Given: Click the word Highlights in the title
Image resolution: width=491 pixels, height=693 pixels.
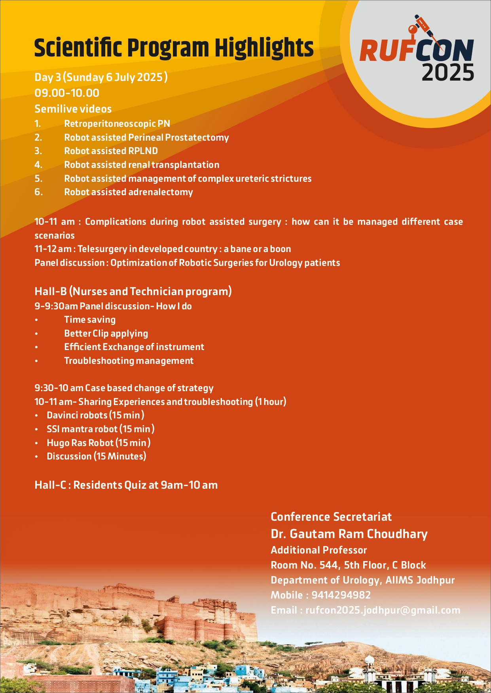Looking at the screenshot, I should [x=264, y=48].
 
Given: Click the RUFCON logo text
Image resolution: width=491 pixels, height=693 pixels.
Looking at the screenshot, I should [x=416, y=51].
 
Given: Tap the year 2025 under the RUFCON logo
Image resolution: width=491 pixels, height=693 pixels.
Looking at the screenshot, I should [x=447, y=73].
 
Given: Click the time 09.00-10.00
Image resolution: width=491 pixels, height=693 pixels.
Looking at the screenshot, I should [x=67, y=93].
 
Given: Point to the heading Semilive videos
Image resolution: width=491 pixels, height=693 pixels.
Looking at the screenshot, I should [x=73, y=109].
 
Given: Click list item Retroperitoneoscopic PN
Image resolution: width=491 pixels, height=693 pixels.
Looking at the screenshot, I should [x=117, y=124].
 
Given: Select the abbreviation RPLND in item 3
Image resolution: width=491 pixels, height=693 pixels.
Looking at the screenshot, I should [x=143, y=151].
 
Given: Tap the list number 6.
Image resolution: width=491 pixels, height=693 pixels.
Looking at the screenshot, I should [x=38, y=192].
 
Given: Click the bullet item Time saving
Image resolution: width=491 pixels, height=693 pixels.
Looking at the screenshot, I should [x=90, y=320].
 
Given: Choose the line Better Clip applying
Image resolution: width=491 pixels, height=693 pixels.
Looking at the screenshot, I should [x=106, y=333].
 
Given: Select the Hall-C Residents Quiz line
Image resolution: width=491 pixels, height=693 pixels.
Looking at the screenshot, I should [x=126, y=485].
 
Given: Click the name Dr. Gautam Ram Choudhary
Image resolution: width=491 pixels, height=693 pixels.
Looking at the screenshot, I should [x=349, y=534].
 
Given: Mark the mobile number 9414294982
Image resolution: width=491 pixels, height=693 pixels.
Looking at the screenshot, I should [x=341, y=595].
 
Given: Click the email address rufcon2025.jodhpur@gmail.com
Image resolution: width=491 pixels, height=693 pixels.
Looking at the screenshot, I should [x=383, y=610].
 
